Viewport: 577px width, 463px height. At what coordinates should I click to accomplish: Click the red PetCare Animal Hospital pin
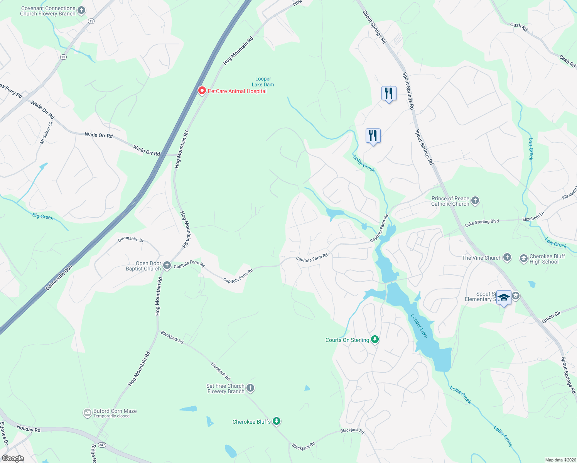tap(202, 91)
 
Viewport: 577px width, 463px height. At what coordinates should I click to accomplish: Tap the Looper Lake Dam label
tap(263, 82)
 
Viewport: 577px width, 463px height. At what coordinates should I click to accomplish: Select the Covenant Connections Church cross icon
tap(81, 10)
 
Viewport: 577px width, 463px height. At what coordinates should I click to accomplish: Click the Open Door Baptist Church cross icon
tap(167, 265)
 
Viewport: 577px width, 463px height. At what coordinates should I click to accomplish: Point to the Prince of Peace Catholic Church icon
tap(475, 200)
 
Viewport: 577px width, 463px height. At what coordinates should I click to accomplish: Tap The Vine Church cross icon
tap(507, 257)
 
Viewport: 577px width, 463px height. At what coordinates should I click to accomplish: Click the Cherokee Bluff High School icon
tap(523, 259)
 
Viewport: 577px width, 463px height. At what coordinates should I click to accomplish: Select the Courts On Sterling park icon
tap(375, 340)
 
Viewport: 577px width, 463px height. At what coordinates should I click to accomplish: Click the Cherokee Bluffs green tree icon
tap(277, 421)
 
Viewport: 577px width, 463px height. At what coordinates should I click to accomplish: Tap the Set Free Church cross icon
tap(250, 388)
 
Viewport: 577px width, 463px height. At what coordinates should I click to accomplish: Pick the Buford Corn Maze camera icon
tap(88, 413)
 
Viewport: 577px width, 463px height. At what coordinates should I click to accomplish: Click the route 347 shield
tap(102, 445)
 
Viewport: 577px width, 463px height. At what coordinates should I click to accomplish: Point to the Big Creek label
tap(43, 216)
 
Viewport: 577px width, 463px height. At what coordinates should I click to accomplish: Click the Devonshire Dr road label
tap(131, 239)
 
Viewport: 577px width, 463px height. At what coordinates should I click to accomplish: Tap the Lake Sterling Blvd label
tap(482, 223)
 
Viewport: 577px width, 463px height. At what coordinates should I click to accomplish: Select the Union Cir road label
tap(551, 317)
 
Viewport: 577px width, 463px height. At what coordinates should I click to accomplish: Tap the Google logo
tap(13, 458)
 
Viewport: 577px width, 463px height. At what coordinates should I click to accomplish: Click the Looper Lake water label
tap(419, 326)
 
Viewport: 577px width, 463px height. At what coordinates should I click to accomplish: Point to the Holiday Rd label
tap(29, 428)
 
